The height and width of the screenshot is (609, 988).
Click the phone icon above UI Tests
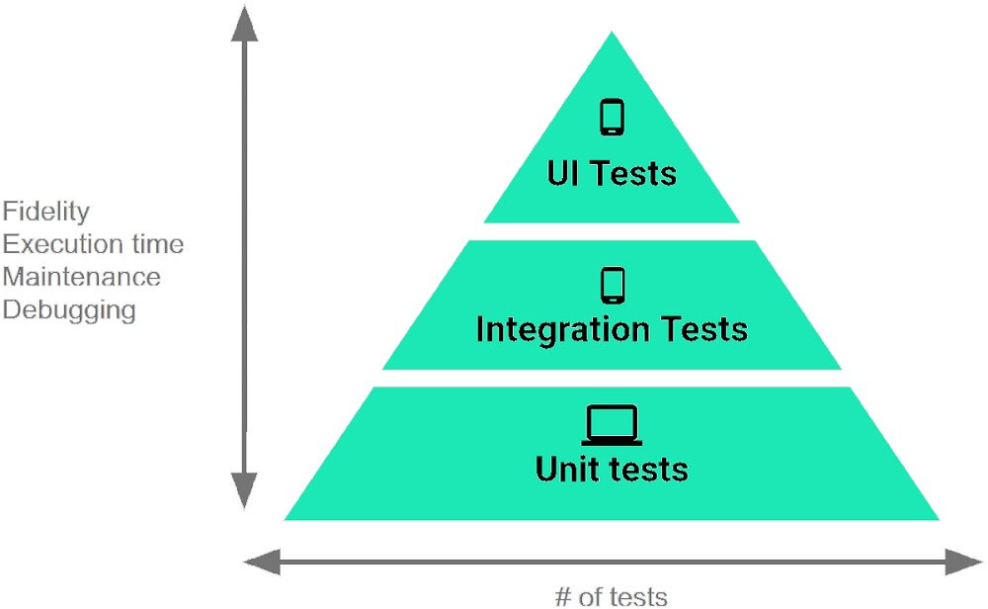(612, 118)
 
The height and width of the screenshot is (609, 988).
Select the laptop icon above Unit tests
(612, 425)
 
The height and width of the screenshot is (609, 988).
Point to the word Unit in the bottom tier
(567, 469)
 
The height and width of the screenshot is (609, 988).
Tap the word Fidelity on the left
(46, 212)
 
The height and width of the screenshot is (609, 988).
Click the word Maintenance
(81, 277)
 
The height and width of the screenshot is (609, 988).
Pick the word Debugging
(69, 310)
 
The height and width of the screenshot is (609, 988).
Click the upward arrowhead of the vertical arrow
(244, 24)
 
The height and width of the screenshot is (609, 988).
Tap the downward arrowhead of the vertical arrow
(244, 489)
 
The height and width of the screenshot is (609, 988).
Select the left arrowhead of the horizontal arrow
(262, 562)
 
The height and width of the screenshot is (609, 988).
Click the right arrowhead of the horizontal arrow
(964, 562)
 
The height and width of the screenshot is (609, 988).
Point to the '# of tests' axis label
(612, 596)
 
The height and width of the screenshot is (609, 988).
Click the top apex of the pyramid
(612, 32)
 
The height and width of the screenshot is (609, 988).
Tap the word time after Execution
(158, 244)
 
